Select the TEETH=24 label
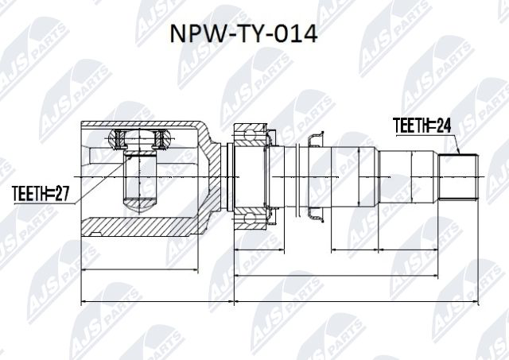[x=423, y=125]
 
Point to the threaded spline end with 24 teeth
[x=459, y=176]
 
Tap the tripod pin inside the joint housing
[x=141, y=181]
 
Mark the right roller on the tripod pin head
[x=164, y=141]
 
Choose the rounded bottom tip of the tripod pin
[x=141, y=207]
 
